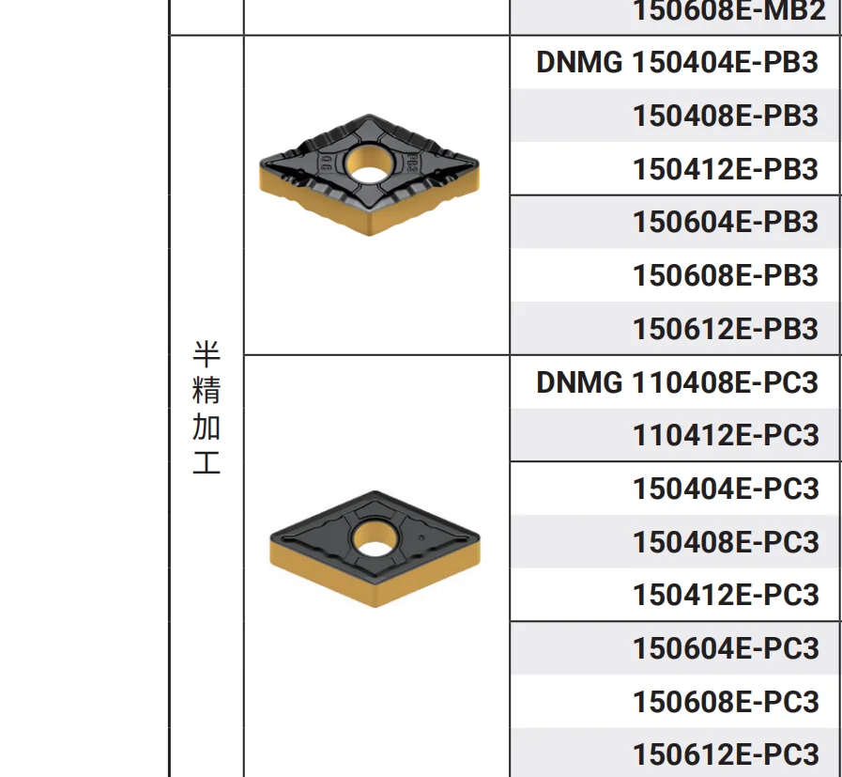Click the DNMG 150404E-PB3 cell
coord(677,63)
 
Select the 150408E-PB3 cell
coord(725,117)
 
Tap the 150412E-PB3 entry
coord(725,169)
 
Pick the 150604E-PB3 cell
coord(725,223)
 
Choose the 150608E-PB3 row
coord(725,275)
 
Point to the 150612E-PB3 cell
coord(725,329)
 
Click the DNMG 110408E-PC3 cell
coord(677,382)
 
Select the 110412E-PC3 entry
coord(725,435)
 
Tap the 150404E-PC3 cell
coord(725,489)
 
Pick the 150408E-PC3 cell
coord(725,542)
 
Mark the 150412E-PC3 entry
coord(725,595)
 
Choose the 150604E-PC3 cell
coord(725,648)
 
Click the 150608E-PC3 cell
coord(725,702)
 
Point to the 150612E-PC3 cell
coord(725,754)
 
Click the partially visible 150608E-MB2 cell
coord(728,11)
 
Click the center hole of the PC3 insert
coord(373,540)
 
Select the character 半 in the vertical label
coord(207,354)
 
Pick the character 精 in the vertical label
coord(207,390)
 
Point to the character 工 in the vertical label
coord(207,462)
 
